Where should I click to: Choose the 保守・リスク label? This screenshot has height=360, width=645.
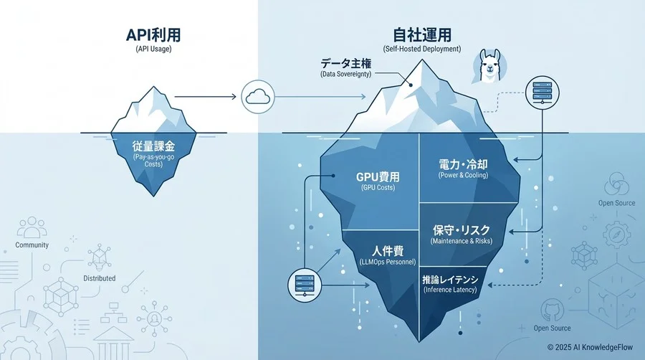tap(460, 230)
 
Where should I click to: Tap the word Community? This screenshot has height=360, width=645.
tap(32, 245)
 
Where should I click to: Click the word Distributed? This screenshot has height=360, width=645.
tap(99, 278)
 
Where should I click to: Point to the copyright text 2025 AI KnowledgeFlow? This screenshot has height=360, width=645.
tap(591, 346)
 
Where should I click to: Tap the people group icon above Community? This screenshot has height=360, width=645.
tap(31, 227)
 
